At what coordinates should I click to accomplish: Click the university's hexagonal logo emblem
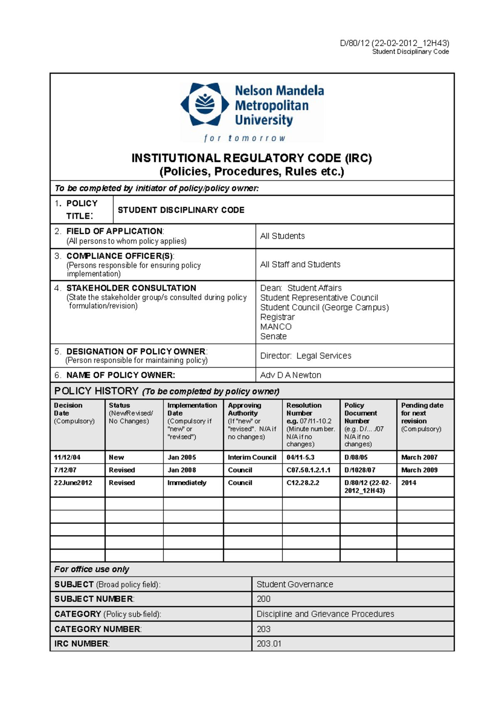coord(205,104)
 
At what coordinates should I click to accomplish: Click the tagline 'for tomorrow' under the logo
coord(245,138)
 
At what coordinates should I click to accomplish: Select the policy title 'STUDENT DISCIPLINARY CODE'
coord(181,210)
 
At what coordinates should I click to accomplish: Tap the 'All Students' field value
coord(282,236)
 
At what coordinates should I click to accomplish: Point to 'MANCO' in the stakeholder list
coord(276,327)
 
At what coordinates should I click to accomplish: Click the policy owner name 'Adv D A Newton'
coord(291,375)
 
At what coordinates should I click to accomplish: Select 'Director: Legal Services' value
coord(306,356)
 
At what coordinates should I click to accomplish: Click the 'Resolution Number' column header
coord(304,409)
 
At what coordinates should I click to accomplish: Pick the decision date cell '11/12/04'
coord(67,457)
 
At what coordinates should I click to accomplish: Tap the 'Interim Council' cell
coord(252,457)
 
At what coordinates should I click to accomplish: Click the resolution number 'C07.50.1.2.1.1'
coord(309,470)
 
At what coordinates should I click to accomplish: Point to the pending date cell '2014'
coord(409,483)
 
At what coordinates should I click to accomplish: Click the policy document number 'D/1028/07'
coord(360,470)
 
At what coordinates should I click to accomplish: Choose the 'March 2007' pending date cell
coord(419,457)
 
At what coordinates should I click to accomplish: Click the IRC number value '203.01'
coord(269,644)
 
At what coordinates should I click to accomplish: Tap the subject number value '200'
coord(264,599)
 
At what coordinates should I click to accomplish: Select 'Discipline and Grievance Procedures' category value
coord(325,614)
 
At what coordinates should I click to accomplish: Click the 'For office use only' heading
coord(91,569)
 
